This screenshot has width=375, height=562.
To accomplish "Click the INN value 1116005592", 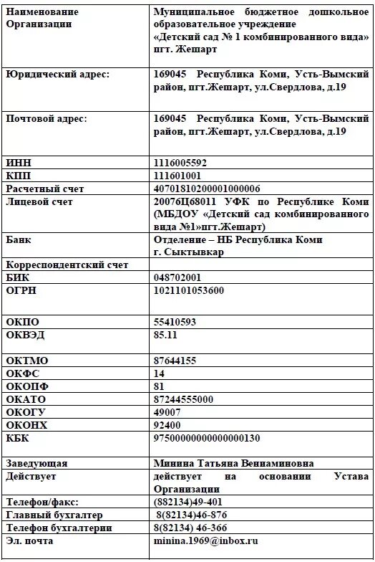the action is [180, 163].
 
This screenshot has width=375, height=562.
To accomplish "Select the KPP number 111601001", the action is [177, 176].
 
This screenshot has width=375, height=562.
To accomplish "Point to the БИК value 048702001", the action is [177, 277].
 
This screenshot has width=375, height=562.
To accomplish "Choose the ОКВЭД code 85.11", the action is [165, 335].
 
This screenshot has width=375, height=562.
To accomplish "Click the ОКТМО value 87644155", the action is [175, 361].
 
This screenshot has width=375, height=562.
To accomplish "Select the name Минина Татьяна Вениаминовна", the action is [233, 463].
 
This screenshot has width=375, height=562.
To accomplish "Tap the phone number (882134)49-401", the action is [187, 502].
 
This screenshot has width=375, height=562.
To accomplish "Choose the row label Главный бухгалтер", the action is [54, 515].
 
